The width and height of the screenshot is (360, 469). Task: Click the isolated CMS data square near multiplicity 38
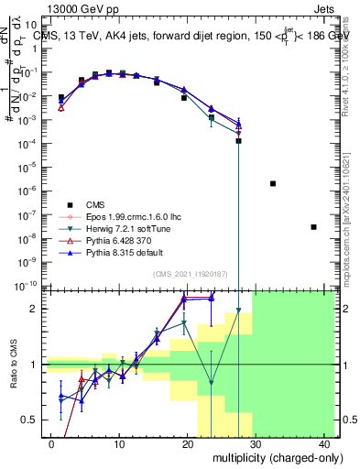coord(313,227)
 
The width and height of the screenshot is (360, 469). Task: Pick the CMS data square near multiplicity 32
coord(273,184)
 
